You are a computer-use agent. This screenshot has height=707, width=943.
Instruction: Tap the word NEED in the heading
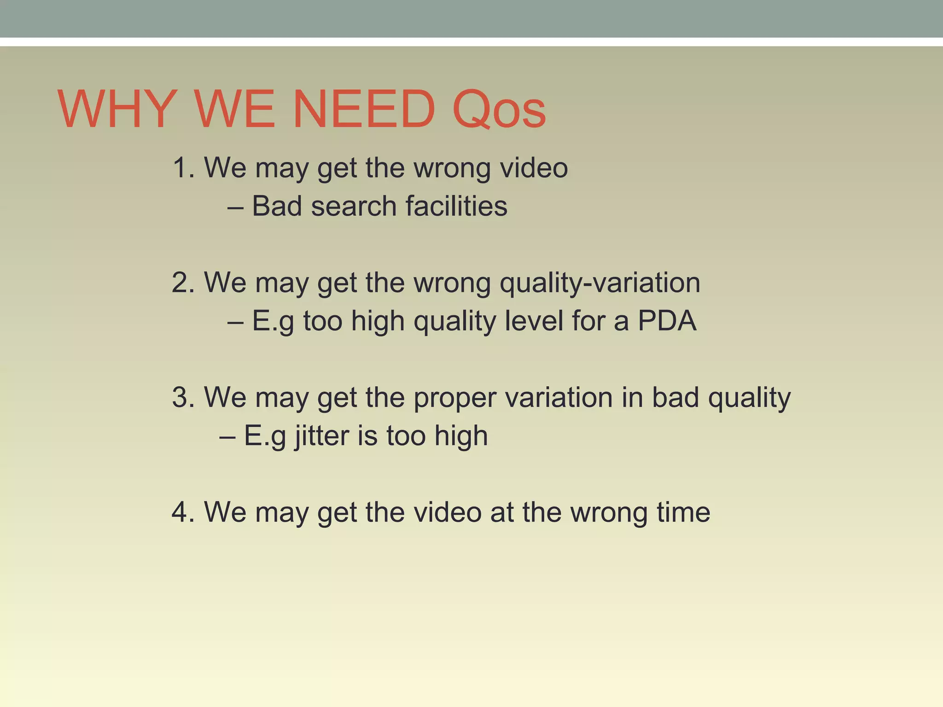coord(364,110)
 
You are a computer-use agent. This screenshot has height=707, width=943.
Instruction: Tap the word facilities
coord(456,206)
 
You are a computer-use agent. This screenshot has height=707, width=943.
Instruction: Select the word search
coord(354,206)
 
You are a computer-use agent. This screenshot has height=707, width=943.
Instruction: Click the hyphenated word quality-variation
coord(600,283)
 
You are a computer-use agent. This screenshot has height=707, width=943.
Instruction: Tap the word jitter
coord(322,436)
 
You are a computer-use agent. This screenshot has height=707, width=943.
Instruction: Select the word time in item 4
coord(683,511)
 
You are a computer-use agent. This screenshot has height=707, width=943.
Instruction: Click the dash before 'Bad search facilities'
coord(235,207)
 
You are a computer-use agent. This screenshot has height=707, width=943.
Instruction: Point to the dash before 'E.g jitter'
coord(227,436)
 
